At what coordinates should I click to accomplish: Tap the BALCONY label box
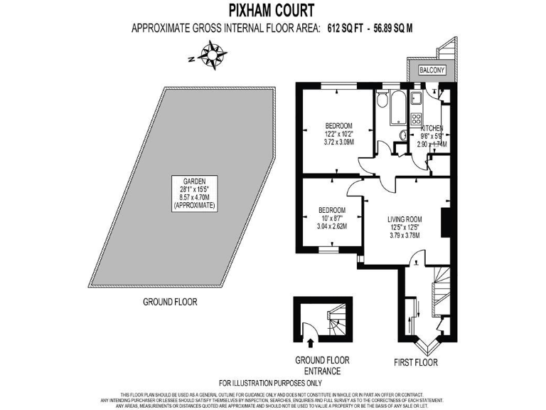click(432, 70)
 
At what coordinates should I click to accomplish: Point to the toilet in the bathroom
click(382, 100)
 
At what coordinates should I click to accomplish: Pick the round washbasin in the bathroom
click(402, 135)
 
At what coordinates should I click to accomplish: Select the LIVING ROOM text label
click(405, 219)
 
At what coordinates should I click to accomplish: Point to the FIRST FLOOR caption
click(416, 363)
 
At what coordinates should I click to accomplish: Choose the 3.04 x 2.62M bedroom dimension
click(331, 226)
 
